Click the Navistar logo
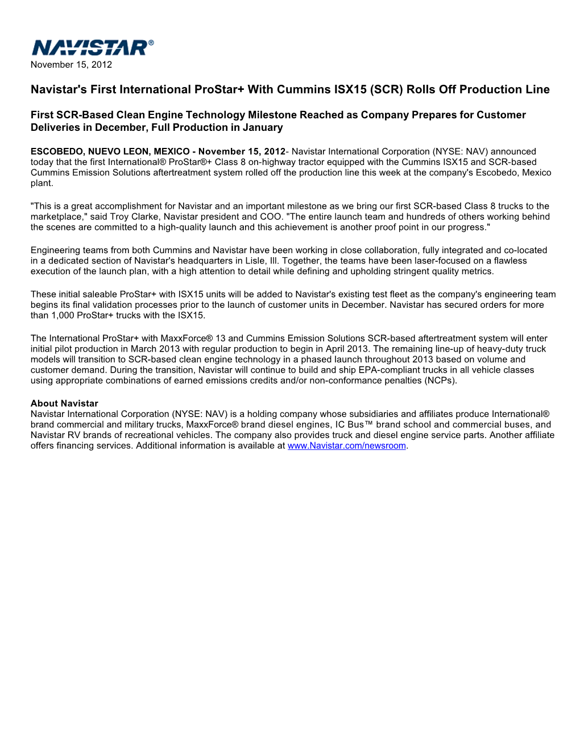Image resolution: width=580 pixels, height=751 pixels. (x=92, y=48)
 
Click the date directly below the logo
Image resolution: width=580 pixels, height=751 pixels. (x=71, y=65)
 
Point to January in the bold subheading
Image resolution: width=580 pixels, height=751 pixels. (x=263, y=128)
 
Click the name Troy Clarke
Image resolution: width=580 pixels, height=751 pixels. (x=134, y=217)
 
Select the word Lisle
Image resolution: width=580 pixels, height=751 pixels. (x=255, y=261)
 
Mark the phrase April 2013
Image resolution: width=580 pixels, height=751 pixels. (x=345, y=349)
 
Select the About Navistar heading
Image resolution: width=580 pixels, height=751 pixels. (x=64, y=404)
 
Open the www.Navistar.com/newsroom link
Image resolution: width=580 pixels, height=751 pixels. (x=346, y=446)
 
